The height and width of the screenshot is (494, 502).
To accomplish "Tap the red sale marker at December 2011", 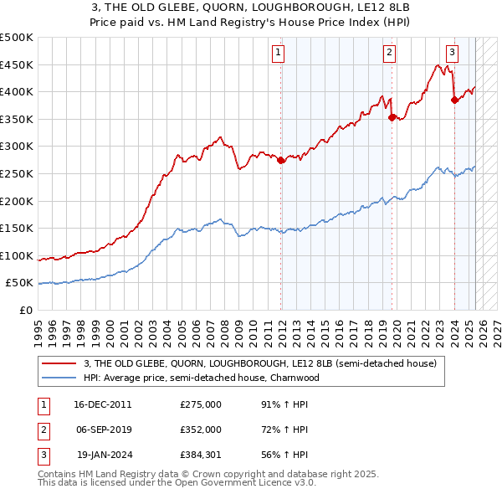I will (x=281, y=161).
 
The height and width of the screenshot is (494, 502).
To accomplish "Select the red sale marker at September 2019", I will (x=392, y=118).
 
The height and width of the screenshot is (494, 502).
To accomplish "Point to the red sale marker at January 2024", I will (x=454, y=100).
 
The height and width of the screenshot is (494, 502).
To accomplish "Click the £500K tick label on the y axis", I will (x=17, y=38).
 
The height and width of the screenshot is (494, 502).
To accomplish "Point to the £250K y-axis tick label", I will (x=17, y=173).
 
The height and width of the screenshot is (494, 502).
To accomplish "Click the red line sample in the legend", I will (x=59, y=363).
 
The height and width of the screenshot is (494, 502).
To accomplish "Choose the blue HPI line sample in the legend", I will (x=59, y=378).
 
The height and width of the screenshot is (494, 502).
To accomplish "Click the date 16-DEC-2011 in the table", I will (x=103, y=404).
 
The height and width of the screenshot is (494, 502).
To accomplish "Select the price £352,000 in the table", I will (x=200, y=430).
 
